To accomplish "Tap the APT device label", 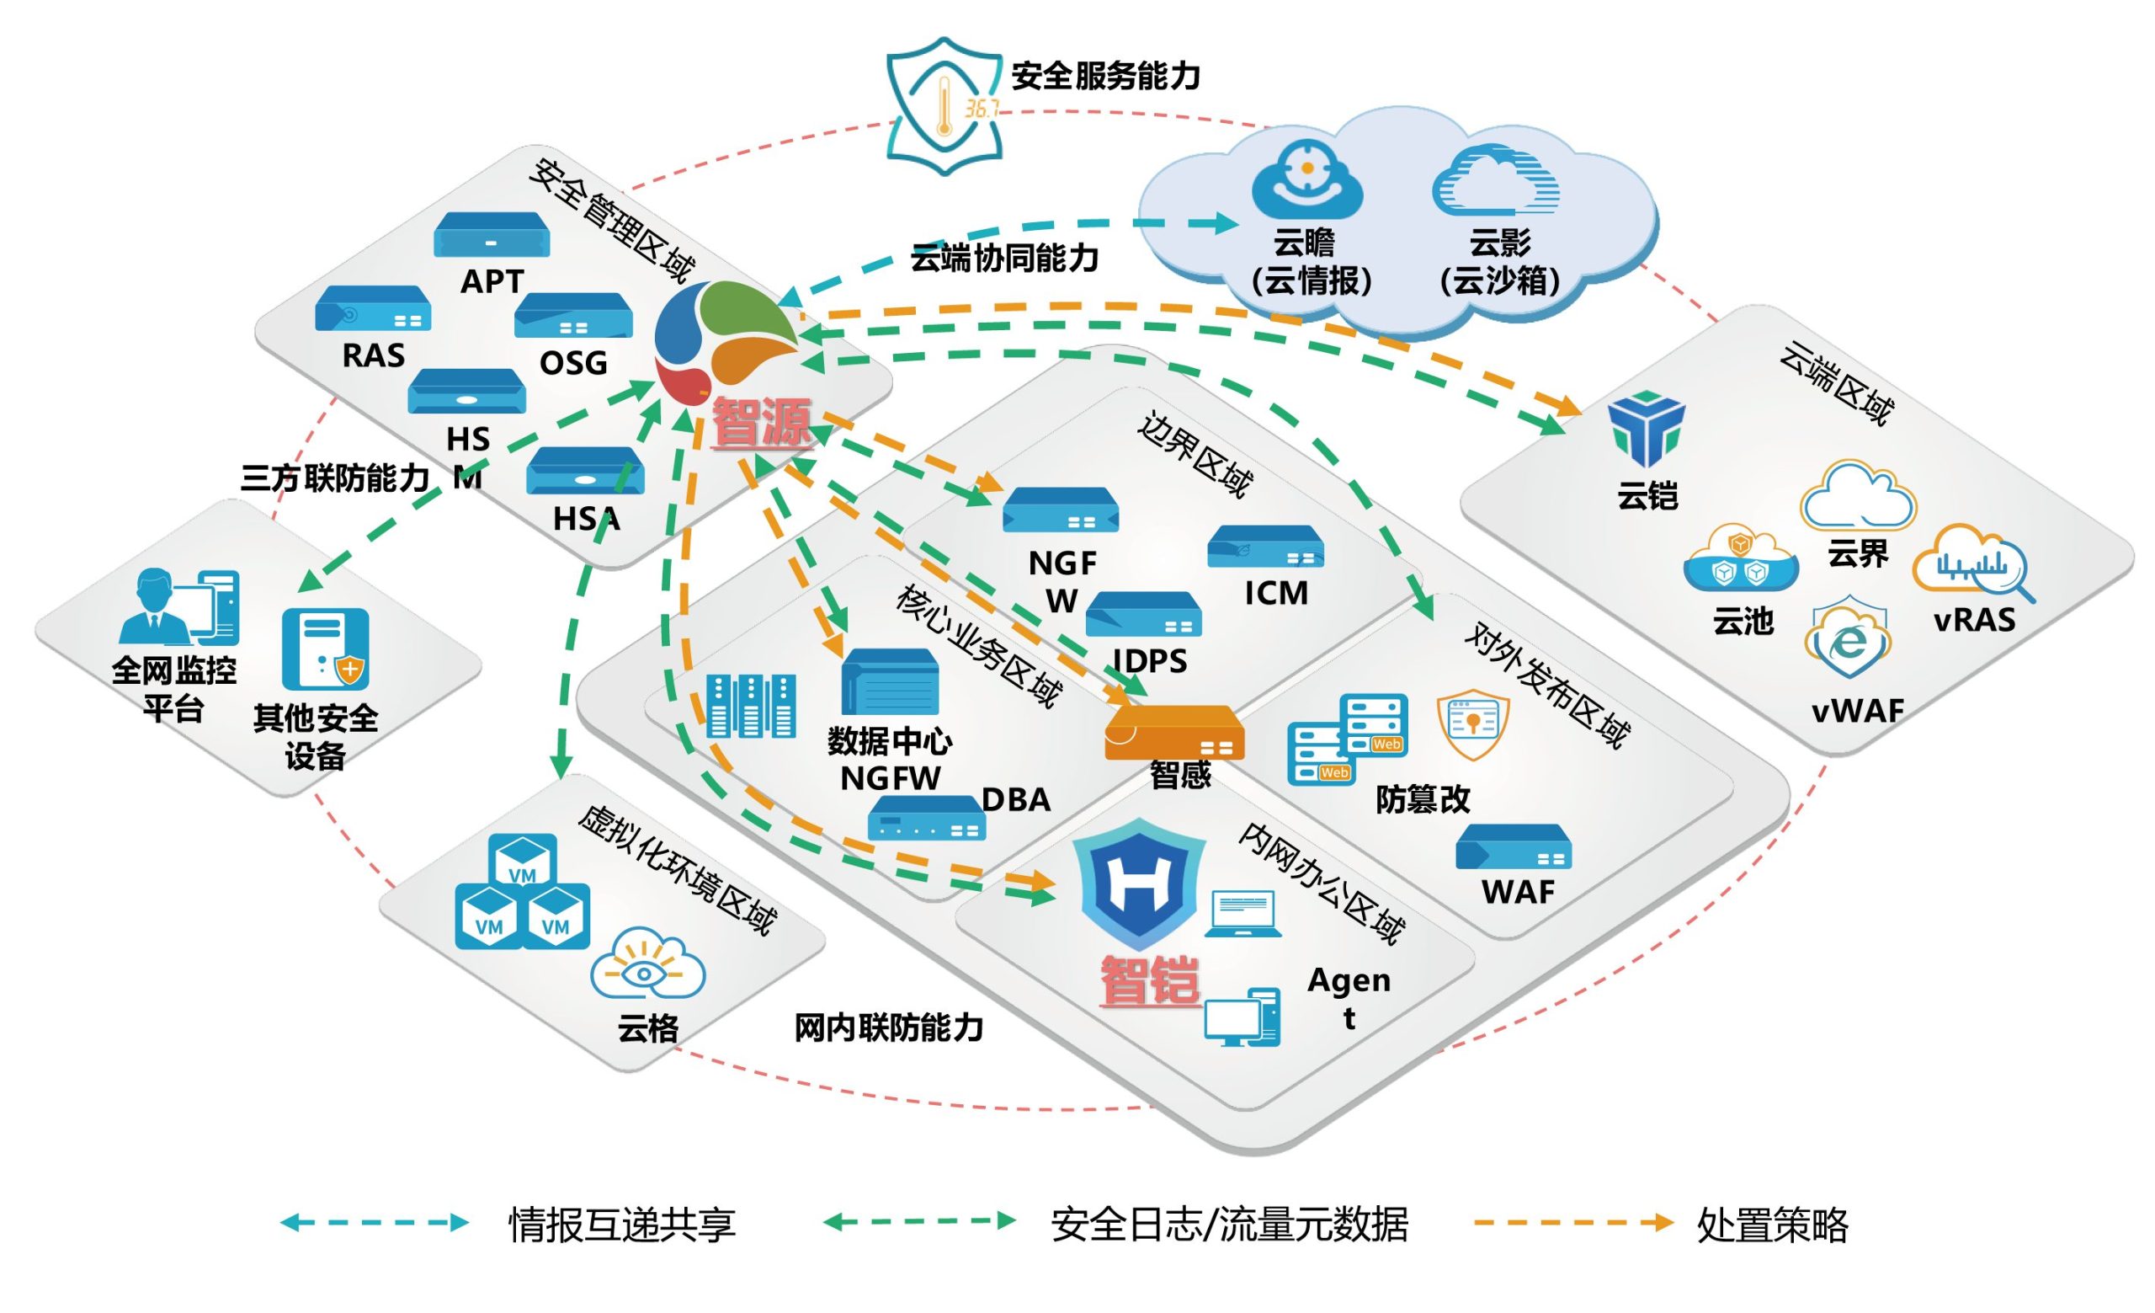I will point(492,281).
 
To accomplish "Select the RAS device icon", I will point(373,308).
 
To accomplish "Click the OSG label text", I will point(573,363).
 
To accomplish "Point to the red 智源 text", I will point(761,423).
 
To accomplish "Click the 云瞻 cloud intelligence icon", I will point(1306,179).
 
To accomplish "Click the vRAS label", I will point(1974,620).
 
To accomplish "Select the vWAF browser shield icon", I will point(1847,638).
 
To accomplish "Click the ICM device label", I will point(1276,593).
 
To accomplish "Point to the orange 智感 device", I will point(1173,732).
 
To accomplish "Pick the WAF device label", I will point(1518,892).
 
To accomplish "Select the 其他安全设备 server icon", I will point(325,648).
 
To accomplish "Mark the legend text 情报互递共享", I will point(622,1225).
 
